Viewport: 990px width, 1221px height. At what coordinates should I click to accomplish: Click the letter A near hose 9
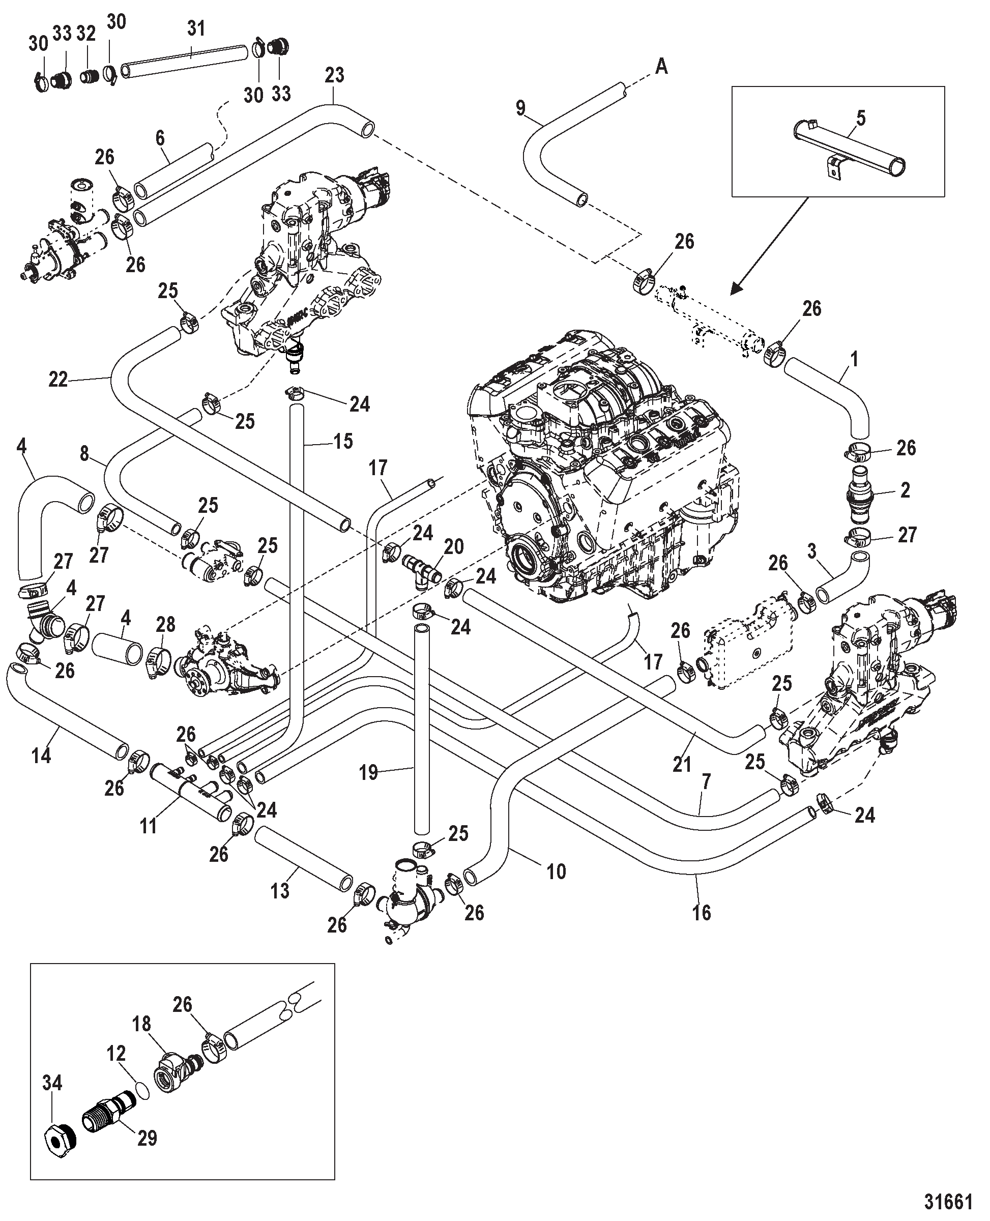coord(661,67)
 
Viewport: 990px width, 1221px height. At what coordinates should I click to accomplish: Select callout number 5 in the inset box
coord(861,118)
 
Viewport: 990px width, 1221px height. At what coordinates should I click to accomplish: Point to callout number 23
coord(335,75)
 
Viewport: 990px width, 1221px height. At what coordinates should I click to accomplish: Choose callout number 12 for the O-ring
coord(117,1053)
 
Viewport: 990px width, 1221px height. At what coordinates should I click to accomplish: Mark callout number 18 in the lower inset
coord(141,1024)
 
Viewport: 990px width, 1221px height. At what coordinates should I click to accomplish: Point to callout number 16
coord(702,913)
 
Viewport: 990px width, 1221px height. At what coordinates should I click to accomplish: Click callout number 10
coord(556,871)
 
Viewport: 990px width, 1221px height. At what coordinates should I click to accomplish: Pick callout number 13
coord(279,890)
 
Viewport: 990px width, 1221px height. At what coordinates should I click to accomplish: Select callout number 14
coord(42,755)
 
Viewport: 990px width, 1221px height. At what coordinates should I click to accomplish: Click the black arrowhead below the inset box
coord(737,288)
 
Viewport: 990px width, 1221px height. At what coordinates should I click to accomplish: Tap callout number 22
coord(58,379)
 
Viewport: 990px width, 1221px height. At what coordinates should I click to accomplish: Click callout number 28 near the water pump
coord(165,624)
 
